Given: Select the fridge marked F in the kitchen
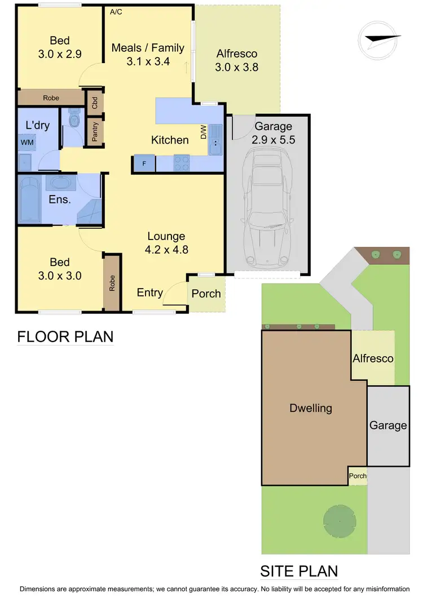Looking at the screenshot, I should [x=143, y=163].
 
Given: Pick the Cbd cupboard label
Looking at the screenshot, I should [x=95, y=103].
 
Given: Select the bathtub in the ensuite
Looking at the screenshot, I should [x=29, y=201].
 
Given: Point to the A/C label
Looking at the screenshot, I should [x=116, y=11].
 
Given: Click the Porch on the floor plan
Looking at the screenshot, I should [x=206, y=294].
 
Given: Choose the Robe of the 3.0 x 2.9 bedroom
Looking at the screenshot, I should [x=51, y=98].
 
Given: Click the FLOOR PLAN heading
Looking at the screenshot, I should [x=65, y=336].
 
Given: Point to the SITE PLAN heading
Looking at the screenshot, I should [x=298, y=572].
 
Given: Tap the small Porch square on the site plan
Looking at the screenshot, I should [x=358, y=476].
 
